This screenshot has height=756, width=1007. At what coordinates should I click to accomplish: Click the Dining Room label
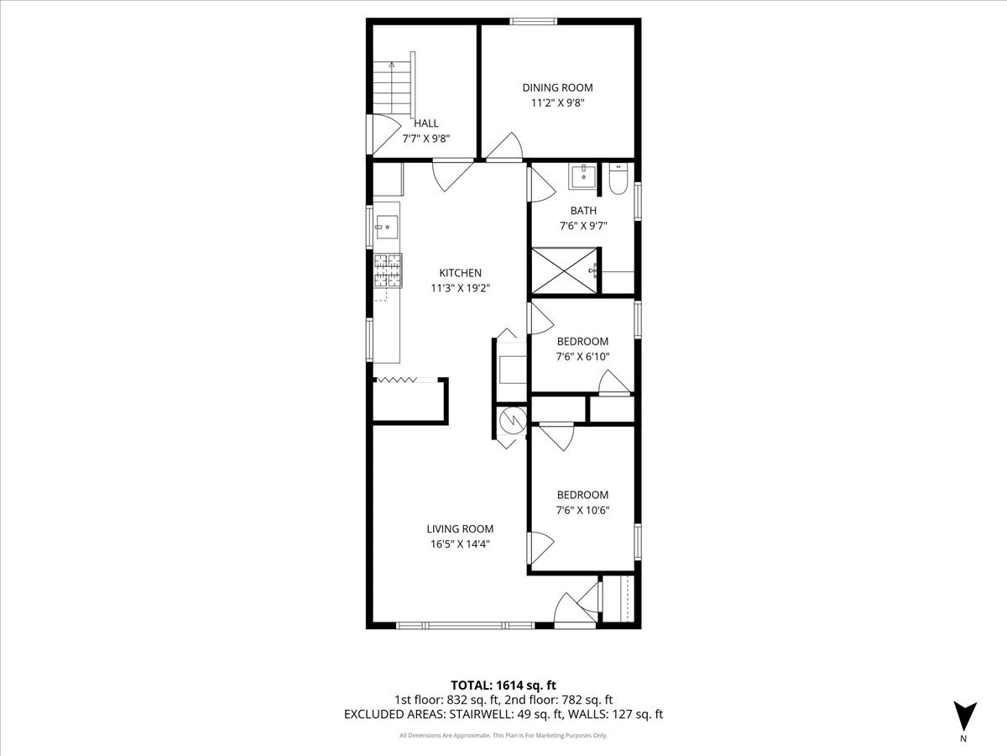click(x=557, y=87)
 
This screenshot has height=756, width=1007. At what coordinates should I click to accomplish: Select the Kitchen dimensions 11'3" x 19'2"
click(x=460, y=287)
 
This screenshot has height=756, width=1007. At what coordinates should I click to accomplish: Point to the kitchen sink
click(x=387, y=224)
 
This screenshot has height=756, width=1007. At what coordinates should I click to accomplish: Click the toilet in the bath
click(x=618, y=178)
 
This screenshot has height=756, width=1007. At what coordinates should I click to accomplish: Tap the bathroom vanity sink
click(x=582, y=176)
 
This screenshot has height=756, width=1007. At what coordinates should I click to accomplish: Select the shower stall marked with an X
click(x=566, y=270)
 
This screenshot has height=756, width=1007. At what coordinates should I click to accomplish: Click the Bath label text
click(x=582, y=211)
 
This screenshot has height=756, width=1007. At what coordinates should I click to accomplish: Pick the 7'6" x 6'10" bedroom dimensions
click(x=582, y=356)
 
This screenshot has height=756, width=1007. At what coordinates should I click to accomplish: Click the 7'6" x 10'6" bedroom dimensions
click(x=582, y=510)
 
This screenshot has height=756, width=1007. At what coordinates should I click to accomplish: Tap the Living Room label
click(x=460, y=528)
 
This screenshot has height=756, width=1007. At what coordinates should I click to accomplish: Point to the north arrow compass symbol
click(x=965, y=716)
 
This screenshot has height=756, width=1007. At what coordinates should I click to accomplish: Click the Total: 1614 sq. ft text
click(x=503, y=685)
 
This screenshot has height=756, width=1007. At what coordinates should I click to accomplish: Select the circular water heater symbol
click(x=510, y=419)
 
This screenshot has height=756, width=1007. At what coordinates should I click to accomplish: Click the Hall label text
click(x=425, y=123)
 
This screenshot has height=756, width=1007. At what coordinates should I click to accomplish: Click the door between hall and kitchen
click(x=451, y=174)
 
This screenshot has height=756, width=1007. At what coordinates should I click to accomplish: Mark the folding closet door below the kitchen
click(x=406, y=381)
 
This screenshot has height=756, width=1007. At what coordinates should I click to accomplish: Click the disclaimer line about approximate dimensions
click(x=503, y=736)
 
